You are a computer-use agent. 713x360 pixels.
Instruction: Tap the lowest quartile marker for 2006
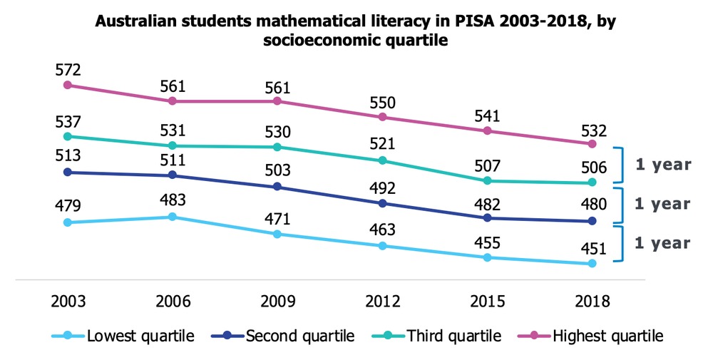coord(173,217)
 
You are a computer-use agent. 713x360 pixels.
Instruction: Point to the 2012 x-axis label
coord(382,301)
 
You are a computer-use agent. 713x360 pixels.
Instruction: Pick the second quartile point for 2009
coord(277,187)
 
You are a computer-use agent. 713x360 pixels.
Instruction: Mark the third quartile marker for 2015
coord(488,181)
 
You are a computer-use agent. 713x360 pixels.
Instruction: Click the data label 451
coord(593,249)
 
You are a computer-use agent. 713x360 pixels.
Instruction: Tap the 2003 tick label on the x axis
coord(68,301)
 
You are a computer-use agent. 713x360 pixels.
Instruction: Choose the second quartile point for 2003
coord(68,172)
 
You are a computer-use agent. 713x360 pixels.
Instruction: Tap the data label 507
coord(488,166)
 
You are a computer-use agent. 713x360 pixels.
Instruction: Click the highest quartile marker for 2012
coord(382,117)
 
